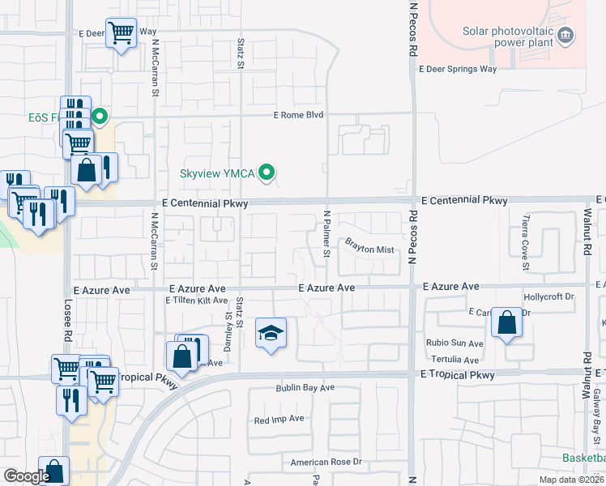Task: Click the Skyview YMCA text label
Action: pos(218,173)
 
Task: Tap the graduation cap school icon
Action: pos(271,333)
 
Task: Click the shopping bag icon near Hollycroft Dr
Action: pos(506,323)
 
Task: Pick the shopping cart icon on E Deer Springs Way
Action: pos(122,33)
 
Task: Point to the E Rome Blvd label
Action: pos(298,115)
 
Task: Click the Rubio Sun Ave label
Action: pos(454,343)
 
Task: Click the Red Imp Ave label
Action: pos(279,420)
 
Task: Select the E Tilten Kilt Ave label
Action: pos(197,301)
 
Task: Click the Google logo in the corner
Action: pos(27,476)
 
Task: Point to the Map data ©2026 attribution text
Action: pos(570,480)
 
